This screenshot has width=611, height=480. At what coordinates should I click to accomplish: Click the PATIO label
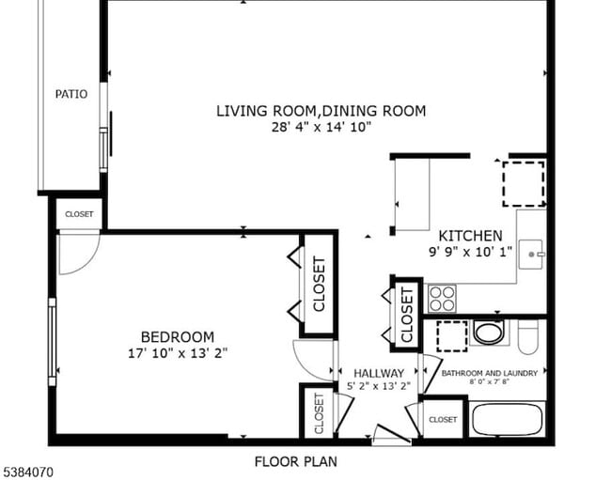(71, 94)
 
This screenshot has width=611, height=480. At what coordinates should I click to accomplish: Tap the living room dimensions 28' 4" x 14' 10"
(321, 127)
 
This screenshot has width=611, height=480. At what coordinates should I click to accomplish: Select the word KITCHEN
(470, 236)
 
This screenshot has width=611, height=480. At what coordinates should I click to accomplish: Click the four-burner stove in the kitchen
(442, 299)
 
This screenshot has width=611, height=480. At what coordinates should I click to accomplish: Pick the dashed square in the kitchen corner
(523, 182)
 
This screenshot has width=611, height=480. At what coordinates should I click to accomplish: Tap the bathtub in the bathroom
(509, 417)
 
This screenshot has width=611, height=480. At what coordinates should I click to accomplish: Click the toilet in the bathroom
(528, 333)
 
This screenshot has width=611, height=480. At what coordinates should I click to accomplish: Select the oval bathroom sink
(488, 332)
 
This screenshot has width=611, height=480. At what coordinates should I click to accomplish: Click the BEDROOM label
(177, 336)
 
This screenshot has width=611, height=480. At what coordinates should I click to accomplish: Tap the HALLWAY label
(378, 373)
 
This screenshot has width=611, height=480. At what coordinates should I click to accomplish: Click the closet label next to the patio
(79, 214)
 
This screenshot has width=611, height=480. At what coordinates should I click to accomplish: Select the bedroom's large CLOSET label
(318, 284)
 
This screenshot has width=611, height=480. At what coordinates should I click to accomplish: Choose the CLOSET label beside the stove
(406, 314)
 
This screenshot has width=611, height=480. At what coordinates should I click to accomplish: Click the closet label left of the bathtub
(443, 419)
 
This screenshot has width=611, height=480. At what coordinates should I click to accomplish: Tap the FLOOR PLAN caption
(295, 461)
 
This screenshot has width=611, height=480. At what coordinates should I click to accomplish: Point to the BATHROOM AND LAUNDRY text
(490, 373)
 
